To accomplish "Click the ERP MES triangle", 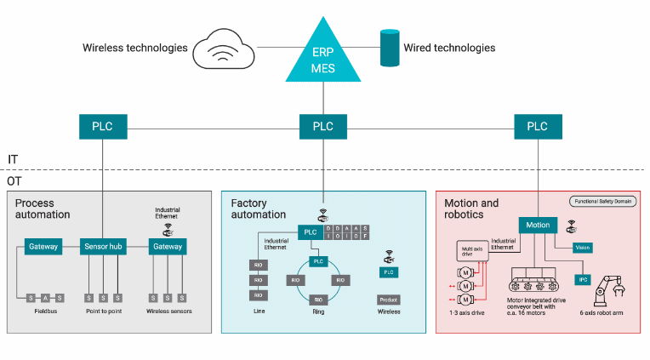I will (x=323, y=59).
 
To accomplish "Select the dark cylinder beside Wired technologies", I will (x=389, y=48).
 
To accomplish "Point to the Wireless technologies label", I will (x=134, y=48).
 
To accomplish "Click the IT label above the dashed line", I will (x=13, y=159).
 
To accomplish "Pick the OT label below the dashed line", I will (x=14, y=181).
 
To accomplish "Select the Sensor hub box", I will (x=103, y=247).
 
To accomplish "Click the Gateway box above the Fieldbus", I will (x=43, y=247).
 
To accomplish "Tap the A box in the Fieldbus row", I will (x=48, y=297).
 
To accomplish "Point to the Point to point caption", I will (x=103, y=311).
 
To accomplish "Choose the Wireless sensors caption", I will (x=168, y=311).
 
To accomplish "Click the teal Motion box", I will (x=538, y=226).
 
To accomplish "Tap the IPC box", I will (x=582, y=279).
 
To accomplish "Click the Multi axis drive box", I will (x=472, y=253).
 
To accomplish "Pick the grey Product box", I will (x=388, y=300).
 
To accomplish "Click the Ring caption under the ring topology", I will (x=318, y=312).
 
